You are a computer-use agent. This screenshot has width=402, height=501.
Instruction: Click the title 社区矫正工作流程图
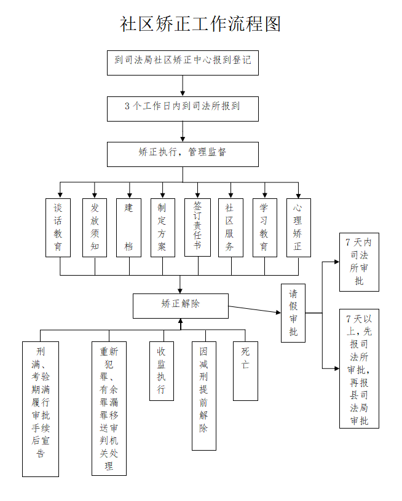click(200, 24)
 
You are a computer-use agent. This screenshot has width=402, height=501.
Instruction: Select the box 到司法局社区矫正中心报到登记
click(183, 63)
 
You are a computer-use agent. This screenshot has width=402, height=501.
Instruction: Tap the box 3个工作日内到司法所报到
click(183, 109)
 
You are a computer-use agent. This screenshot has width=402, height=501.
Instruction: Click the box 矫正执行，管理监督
click(183, 154)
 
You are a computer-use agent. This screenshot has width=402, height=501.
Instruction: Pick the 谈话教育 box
click(58, 227)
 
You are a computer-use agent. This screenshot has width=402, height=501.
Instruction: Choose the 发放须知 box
click(94, 227)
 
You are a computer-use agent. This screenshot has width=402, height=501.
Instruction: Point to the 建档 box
click(128, 227)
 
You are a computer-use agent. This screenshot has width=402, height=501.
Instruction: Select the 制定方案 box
click(162, 227)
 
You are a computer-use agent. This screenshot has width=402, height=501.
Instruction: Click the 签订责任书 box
click(197, 227)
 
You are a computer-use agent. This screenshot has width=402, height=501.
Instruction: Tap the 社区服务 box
click(230, 227)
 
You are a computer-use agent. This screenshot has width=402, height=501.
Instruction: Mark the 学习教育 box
click(264, 227)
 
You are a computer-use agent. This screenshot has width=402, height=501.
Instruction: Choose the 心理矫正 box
click(298, 227)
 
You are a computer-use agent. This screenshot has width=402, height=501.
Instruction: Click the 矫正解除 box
click(180, 305)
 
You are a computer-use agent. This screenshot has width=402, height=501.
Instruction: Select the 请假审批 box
click(293, 313)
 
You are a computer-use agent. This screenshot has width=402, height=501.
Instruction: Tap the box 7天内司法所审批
click(359, 262)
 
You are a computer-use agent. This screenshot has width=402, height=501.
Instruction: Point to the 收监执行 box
click(161, 370)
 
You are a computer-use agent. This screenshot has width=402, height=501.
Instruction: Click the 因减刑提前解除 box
click(203, 395)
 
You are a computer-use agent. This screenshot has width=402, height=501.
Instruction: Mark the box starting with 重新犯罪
click(109, 408)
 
